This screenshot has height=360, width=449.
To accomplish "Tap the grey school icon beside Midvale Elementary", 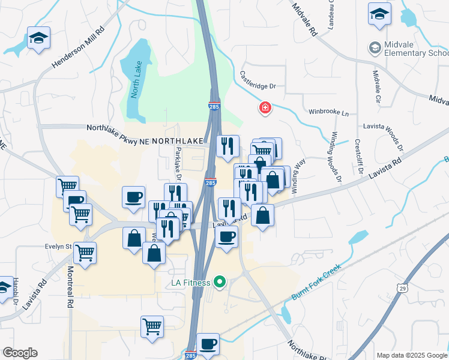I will (375, 47).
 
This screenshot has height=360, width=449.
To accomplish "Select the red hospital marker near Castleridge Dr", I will (264, 108).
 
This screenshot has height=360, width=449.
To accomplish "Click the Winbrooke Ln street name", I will (328, 112).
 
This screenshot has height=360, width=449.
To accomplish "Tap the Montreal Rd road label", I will (70, 288).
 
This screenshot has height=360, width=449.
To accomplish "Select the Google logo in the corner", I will (20, 353).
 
